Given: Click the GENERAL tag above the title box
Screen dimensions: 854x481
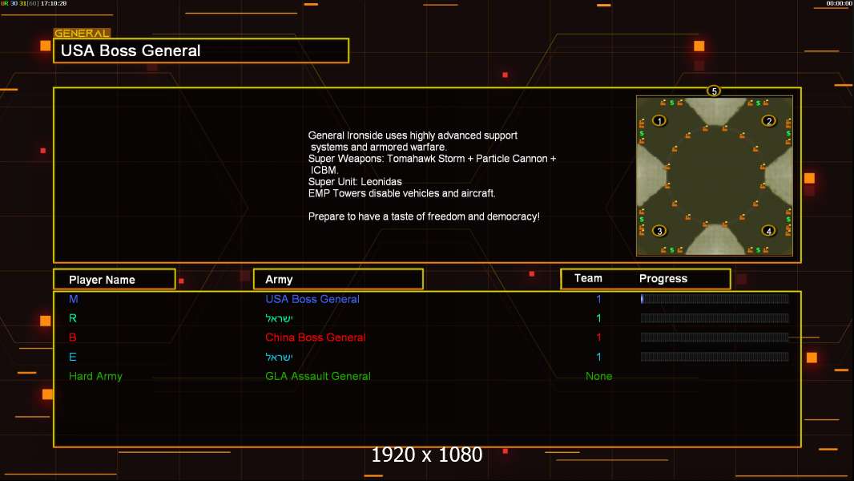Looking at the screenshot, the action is (x=82, y=33).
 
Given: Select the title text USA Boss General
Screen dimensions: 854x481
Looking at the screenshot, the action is (x=131, y=51).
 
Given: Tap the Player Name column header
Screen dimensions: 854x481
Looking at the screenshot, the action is (x=102, y=280).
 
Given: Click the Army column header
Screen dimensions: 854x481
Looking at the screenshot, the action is (x=279, y=280).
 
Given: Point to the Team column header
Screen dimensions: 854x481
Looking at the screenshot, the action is (x=588, y=278).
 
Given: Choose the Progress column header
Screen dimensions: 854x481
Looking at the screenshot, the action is (x=663, y=278).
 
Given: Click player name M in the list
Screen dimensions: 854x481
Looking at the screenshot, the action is (x=74, y=299).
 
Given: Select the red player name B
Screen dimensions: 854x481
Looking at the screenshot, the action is (x=72, y=338).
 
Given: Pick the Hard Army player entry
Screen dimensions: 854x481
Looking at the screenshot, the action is (x=95, y=376).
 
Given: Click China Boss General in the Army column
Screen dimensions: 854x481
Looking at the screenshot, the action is (x=316, y=338).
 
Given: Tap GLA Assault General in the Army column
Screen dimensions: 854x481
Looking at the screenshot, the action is (x=317, y=376).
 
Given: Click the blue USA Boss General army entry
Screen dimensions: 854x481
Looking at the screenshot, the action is (x=312, y=299).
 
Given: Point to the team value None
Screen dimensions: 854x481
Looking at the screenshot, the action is (x=598, y=376).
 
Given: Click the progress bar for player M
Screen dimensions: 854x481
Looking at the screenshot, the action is (x=715, y=298).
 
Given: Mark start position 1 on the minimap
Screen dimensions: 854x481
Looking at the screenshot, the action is (x=659, y=120).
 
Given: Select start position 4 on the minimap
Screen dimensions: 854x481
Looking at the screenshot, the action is (x=768, y=231).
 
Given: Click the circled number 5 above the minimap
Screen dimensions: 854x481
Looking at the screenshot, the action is (x=714, y=91).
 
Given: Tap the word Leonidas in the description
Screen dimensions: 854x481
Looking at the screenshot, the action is (x=381, y=182).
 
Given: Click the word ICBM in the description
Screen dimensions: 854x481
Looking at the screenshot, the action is (x=324, y=170).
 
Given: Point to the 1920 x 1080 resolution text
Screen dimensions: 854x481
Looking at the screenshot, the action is (x=427, y=455).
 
